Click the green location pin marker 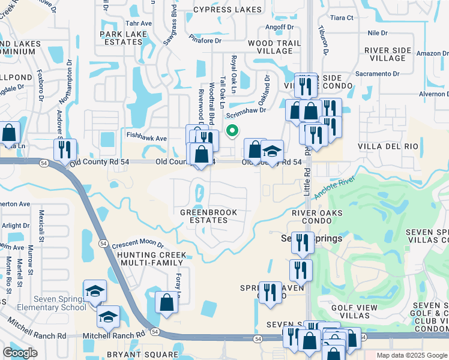tap(231, 129)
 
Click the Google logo tap(20, 353)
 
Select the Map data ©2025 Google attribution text tap(411, 355)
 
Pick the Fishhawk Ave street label tap(146, 138)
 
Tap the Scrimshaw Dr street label tap(246, 109)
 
